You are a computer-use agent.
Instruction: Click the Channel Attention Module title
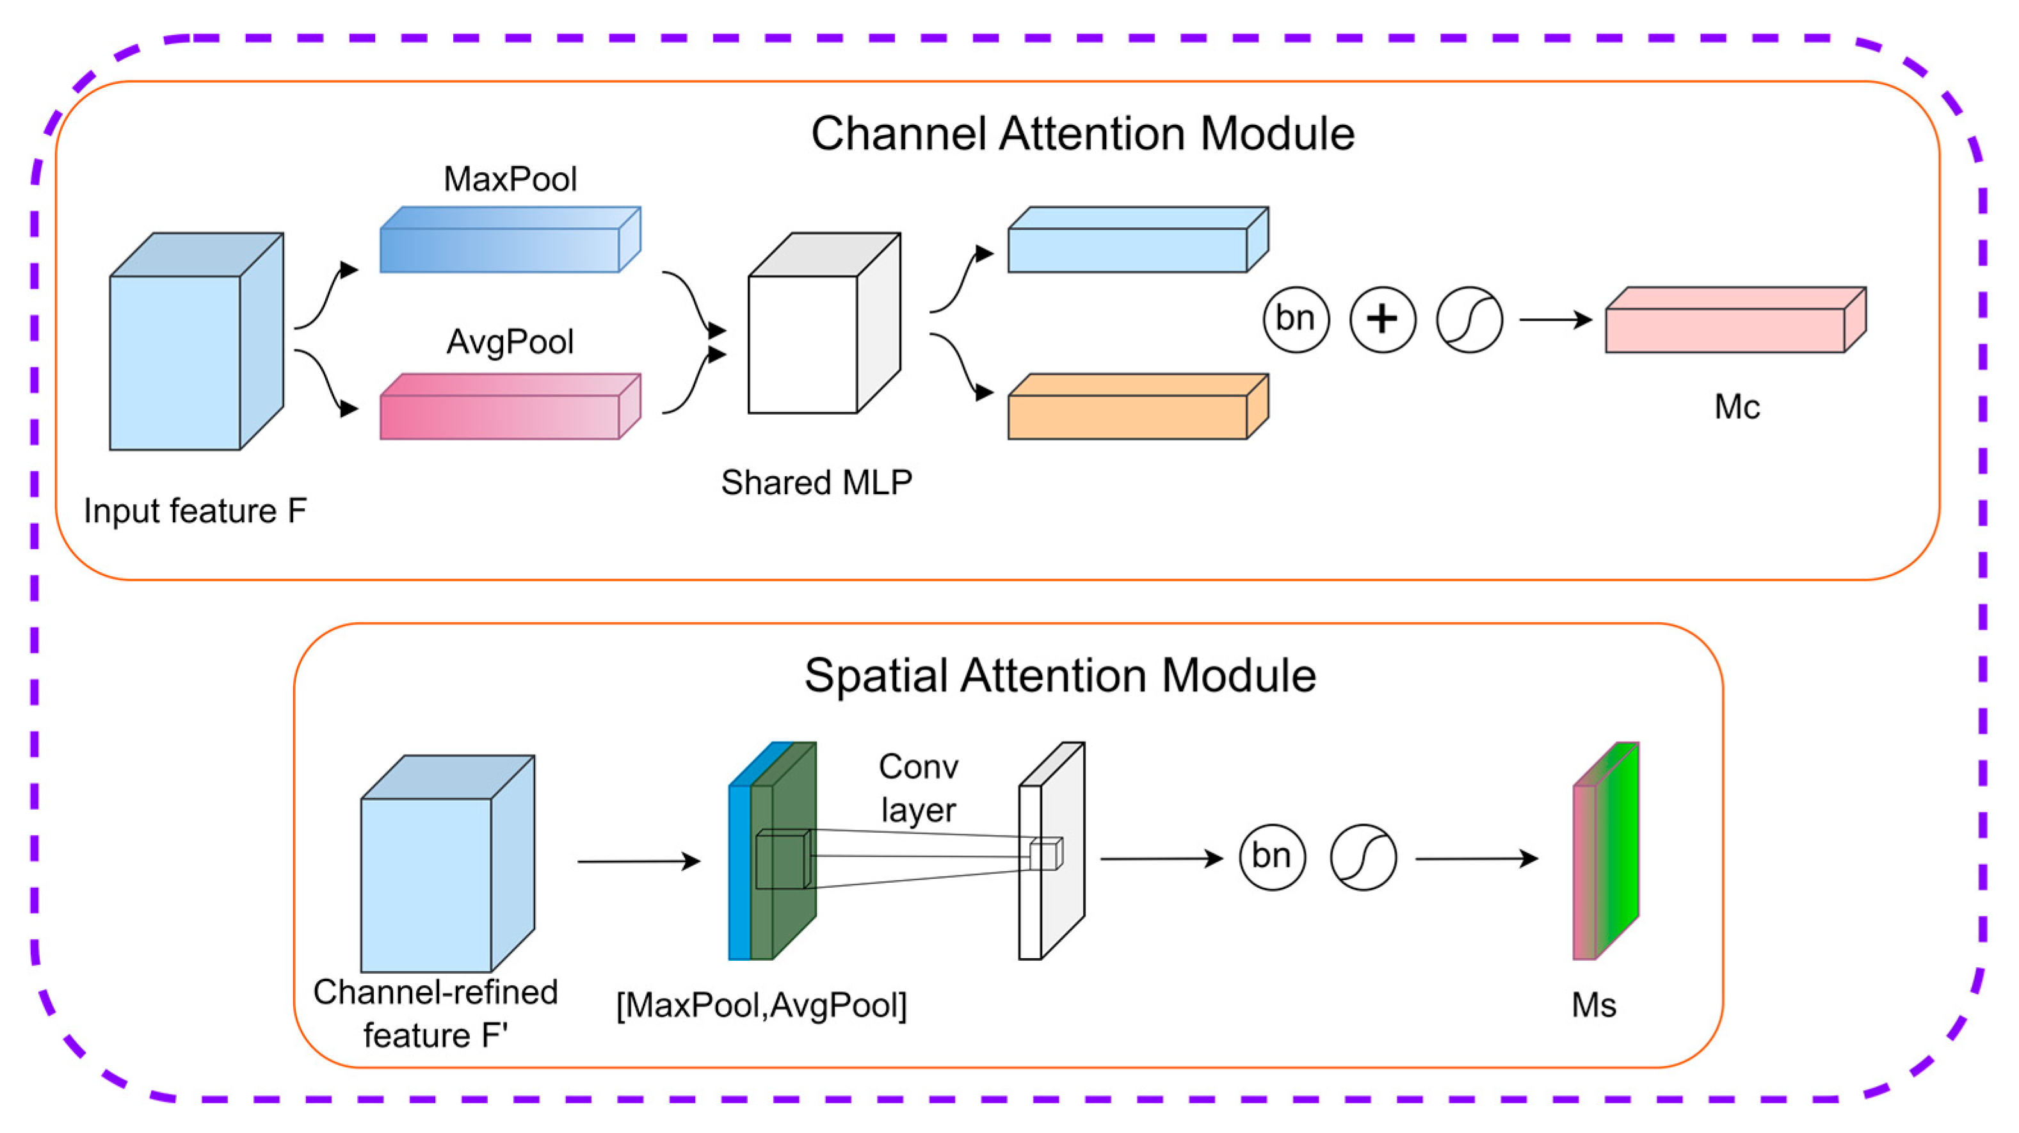coord(1082,133)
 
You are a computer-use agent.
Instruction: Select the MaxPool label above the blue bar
coord(510,179)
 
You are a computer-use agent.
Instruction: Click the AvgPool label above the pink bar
coord(510,342)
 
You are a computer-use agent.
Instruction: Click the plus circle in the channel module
coord(1383,319)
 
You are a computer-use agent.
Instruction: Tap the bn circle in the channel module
coord(1296,319)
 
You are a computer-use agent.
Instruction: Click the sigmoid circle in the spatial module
coord(1363,856)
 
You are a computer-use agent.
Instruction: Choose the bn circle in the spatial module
coord(1272,856)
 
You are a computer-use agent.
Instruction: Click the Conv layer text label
coord(918,788)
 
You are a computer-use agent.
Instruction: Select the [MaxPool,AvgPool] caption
coord(761,1005)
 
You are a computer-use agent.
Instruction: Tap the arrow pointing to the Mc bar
coord(1555,319)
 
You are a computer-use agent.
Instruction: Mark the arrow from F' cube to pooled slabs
coord(638,861)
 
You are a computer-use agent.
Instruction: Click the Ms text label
coord(1593,1005)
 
